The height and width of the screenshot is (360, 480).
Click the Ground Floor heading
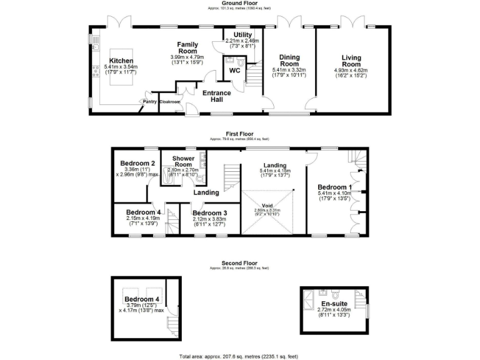click(240, 3)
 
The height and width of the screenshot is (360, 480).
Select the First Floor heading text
click(240, 133)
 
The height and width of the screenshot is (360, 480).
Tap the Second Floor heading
click(240, 263)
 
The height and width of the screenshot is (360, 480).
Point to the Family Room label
click(187, 48)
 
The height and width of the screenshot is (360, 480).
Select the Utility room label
click(242, 34)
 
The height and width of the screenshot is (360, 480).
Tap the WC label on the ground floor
click(235, 71)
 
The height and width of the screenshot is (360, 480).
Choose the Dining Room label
click(289, 61)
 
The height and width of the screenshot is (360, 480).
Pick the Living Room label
click(352, 61)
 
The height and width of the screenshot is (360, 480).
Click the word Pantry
click(149, 102)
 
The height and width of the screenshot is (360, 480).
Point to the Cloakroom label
click(170, 102)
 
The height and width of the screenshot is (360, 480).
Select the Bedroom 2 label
click(137, 164)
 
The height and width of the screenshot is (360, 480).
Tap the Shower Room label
click(184, 161)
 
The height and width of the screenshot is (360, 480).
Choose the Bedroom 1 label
click(334, 187)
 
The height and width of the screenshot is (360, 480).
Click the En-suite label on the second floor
click(334, 304)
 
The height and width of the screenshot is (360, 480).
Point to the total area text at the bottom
click(240, 354)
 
